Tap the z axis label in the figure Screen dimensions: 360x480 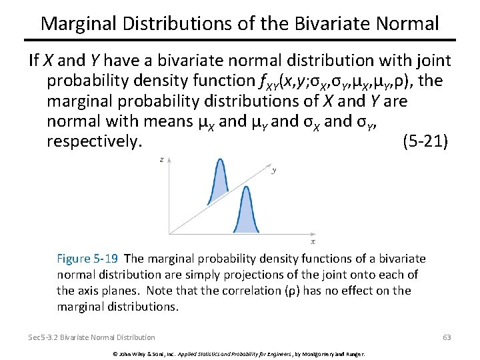(163, 160)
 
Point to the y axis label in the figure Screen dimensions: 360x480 (274, 170)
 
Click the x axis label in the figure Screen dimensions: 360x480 (313, 241)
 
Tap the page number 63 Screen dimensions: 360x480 (447, 337)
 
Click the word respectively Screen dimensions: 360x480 (95, 141)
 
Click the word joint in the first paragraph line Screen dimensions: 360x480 (433, 61)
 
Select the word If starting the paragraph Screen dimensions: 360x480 (34, 61)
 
